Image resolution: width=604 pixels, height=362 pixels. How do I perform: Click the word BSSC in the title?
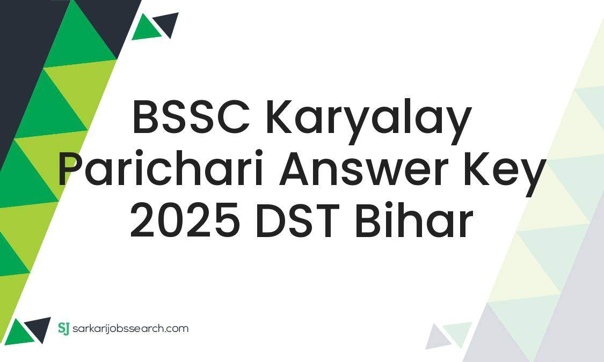tap(191, 119)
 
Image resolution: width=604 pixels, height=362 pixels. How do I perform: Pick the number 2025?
tap(185, 221)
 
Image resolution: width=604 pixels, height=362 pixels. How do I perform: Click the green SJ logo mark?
tap(63, 328)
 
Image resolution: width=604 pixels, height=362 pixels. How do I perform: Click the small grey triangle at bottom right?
tap(438, 338)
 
